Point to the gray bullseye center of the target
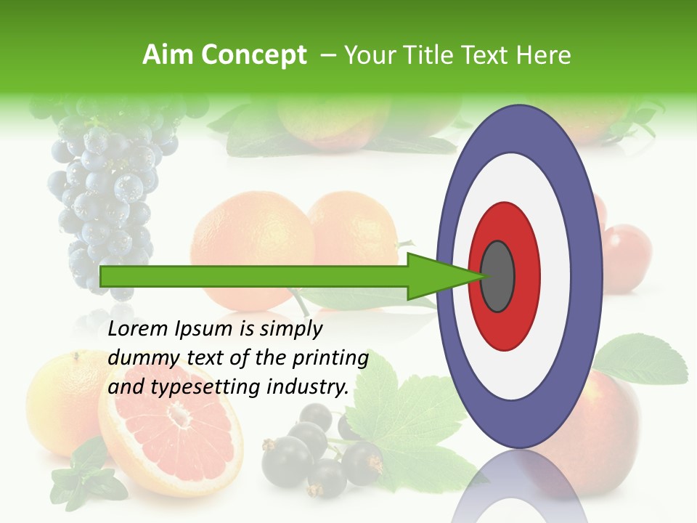click(x=498, y=277)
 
